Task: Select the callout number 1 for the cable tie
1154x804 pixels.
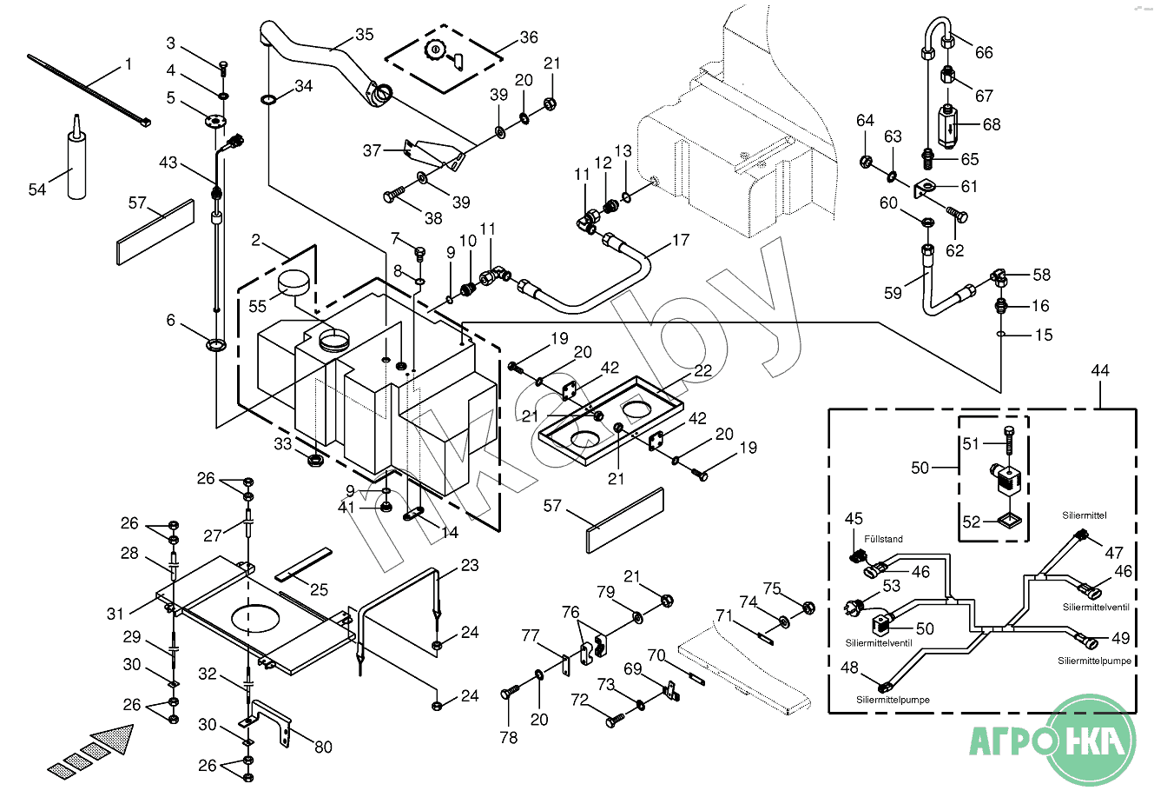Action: pyautogui.click(x=129, y=64)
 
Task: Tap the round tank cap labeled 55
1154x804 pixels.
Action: pyautogui.click(x=294, y=282)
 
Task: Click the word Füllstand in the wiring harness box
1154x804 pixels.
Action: pyautogui.click(x=883, y=540)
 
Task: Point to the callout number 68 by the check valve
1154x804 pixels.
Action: pyautogui.click(x=992, y=124)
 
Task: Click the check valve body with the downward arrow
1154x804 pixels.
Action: pyautogui.click(x=948, y=126)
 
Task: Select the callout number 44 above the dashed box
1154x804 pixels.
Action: pyautogui.click(x=1100, y=371)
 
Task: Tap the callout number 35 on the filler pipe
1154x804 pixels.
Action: pyautogui.click(x=364, y=35)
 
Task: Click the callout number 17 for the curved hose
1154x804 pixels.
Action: pyautogui.click(x=681, y=240)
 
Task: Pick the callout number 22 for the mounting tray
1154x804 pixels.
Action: pyautogui.click(x=702, y=370)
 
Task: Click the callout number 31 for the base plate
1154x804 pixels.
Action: pyautogui.click(x=115, y=614)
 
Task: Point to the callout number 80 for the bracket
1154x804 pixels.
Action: pyautogui.click(x=323, y=747)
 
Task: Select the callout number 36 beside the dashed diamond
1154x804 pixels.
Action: pyautogui.click(x=529, y=37)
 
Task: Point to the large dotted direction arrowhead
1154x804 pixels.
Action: pyautogui.click(x=115, y=738)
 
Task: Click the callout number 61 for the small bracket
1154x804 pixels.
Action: pyautogui.click(x=969, y=186)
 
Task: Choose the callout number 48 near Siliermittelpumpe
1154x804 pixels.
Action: pyautogui.click(x=849, y=668)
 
